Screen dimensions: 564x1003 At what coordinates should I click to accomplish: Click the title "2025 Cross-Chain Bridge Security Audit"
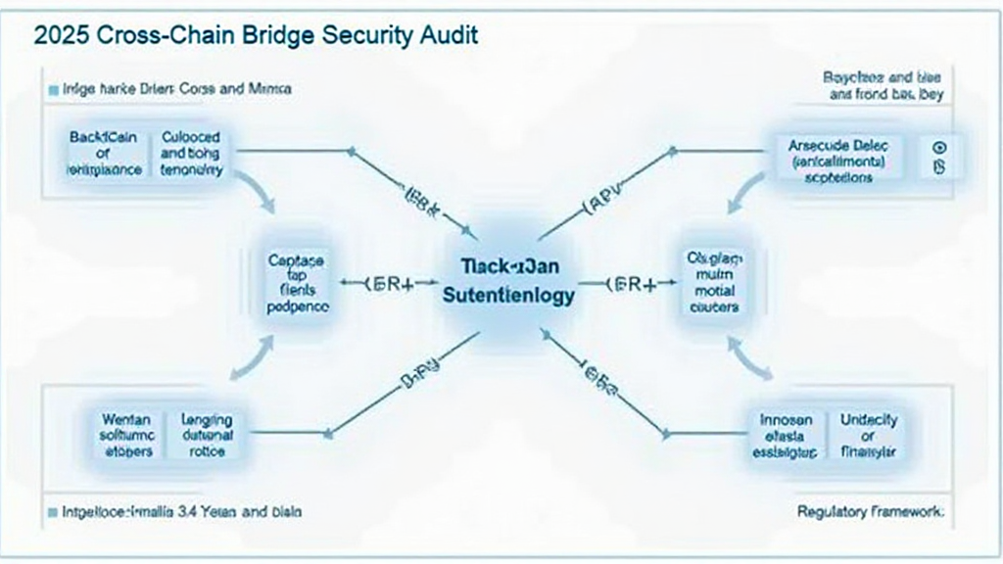(x=255, y=36)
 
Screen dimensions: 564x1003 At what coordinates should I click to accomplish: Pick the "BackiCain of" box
(x=104, y=154)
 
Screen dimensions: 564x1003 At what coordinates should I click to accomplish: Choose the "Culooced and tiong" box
(x=191, y=154)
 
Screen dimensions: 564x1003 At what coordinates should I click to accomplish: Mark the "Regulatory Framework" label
(x=871, y=510)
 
